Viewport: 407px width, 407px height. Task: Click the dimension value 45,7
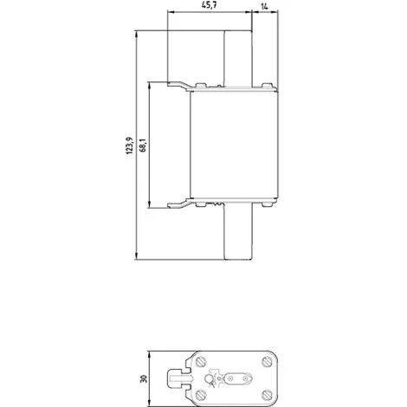pos(208,7)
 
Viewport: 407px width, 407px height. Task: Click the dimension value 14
pos(262,7)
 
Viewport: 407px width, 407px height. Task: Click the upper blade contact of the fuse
pos(238,57)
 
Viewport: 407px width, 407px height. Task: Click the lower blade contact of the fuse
pos(238,233)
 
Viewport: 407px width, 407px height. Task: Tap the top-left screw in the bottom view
pos(200,360)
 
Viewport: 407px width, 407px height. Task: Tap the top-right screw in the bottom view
pos(263,360)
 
